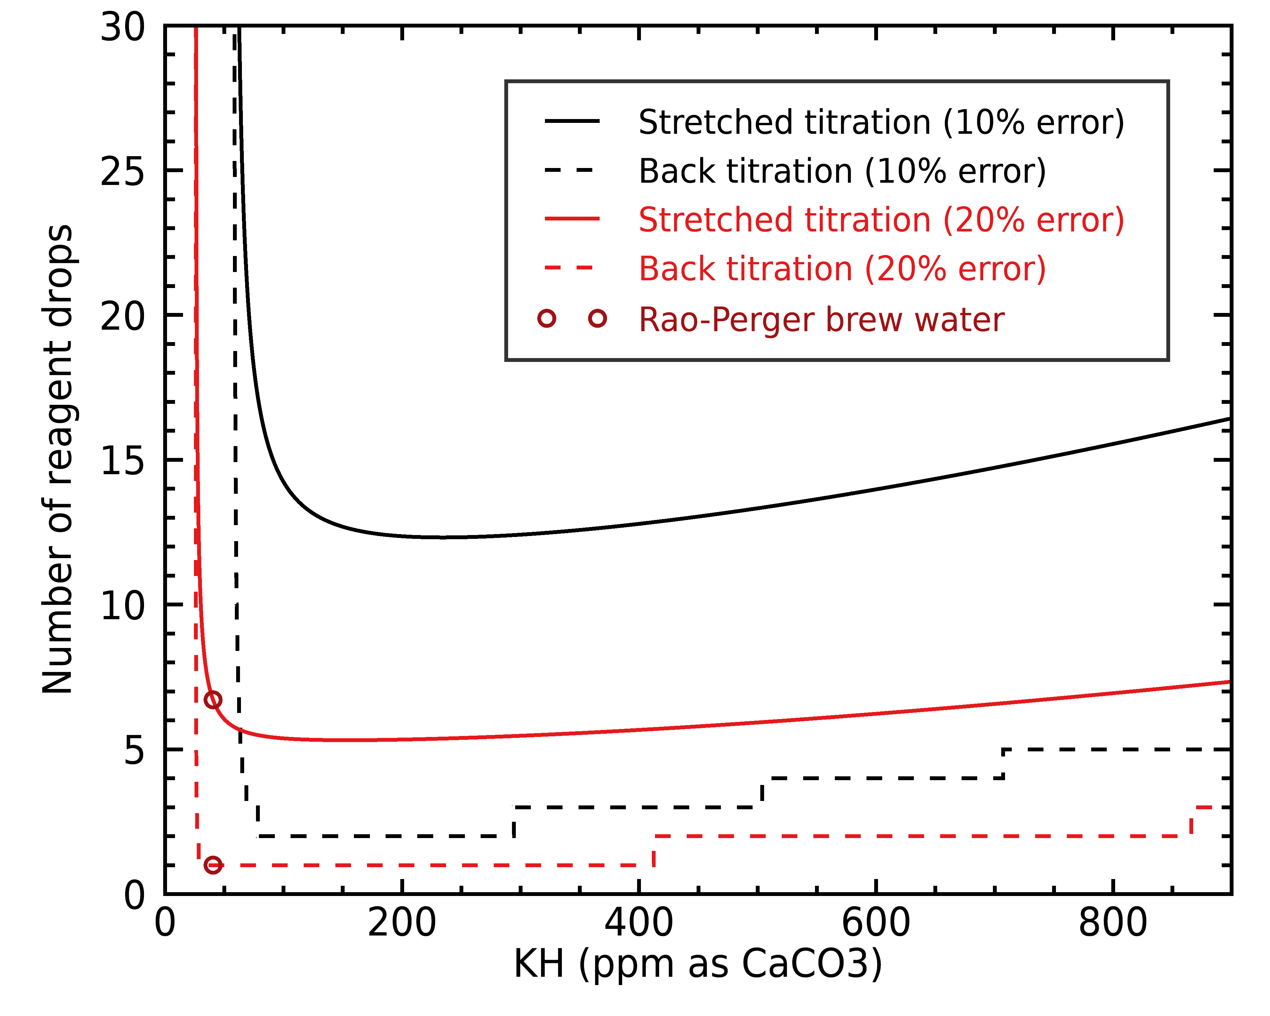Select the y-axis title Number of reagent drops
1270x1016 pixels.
pyautogui.click(x=57, y=460)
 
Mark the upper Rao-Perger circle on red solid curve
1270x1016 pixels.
pyautogui.click(x=213, y=700)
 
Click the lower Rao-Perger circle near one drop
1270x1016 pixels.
pyautogui.click(x=213, y=865)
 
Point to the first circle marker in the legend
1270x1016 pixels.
pyautogui.click(x=547, y=319)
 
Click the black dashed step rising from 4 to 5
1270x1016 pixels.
pyautogui.click(x=1003, y=764)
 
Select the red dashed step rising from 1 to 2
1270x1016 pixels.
pyautogui.click(x=654, y=851)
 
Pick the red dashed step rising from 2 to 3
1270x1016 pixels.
pyautogui.click(x=1191, y=822)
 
